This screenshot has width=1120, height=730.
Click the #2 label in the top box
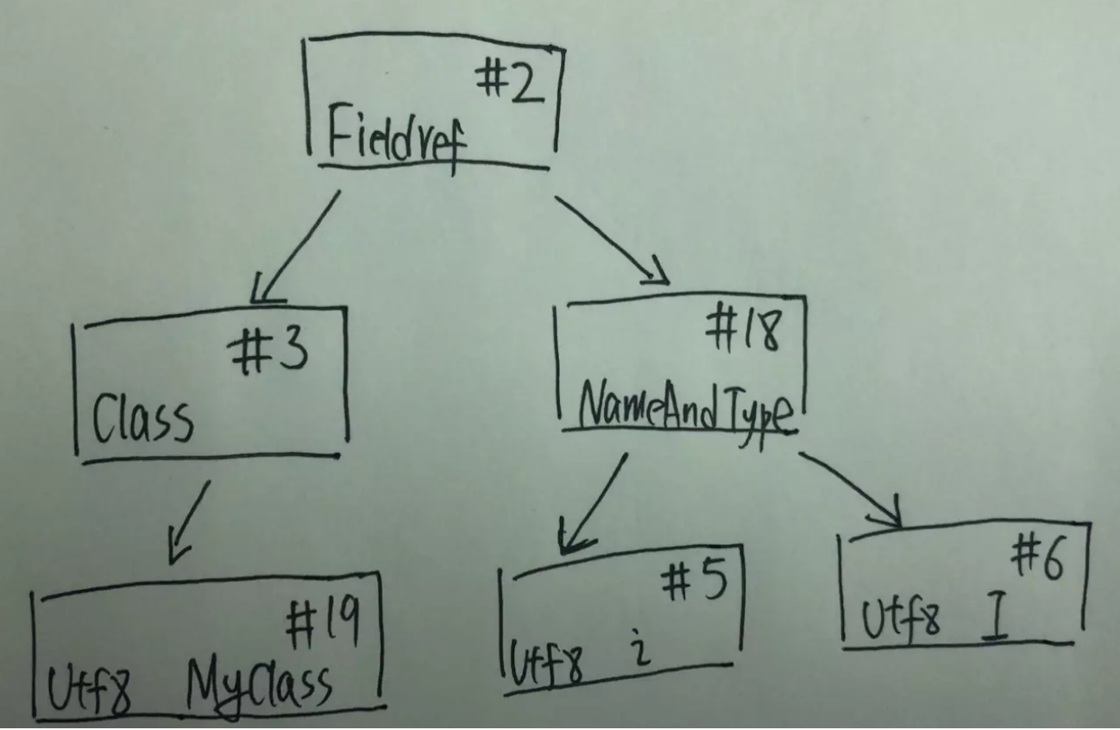509,80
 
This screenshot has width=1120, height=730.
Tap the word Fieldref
397,137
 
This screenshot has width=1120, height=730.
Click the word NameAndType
685,414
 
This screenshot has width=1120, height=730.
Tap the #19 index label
323,622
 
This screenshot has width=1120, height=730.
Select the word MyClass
259,689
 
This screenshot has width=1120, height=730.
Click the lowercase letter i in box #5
639,648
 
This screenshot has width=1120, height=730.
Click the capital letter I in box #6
994,616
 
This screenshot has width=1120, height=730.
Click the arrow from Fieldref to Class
295,247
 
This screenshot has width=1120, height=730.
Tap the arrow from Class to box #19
189,522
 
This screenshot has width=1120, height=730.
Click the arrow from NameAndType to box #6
850,489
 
